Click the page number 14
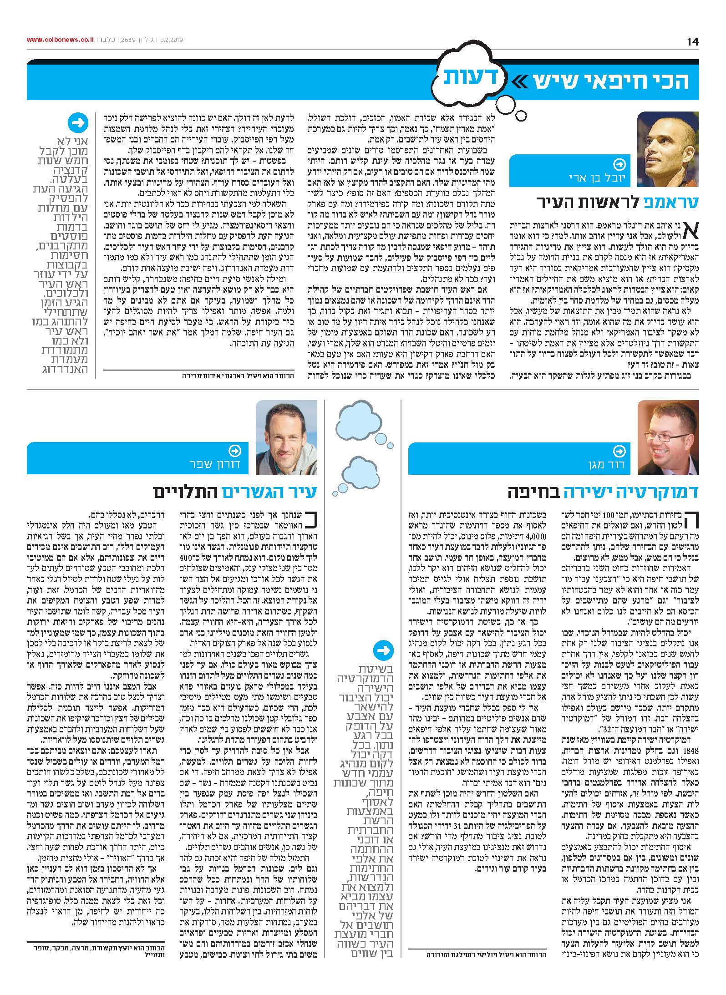coord(692,41)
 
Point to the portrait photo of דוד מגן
coord(668,438)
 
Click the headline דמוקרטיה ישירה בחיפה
coord(603,492)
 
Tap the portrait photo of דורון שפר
coord(286,438)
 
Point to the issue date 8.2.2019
coord(170,40)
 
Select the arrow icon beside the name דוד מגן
coord(619,451)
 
